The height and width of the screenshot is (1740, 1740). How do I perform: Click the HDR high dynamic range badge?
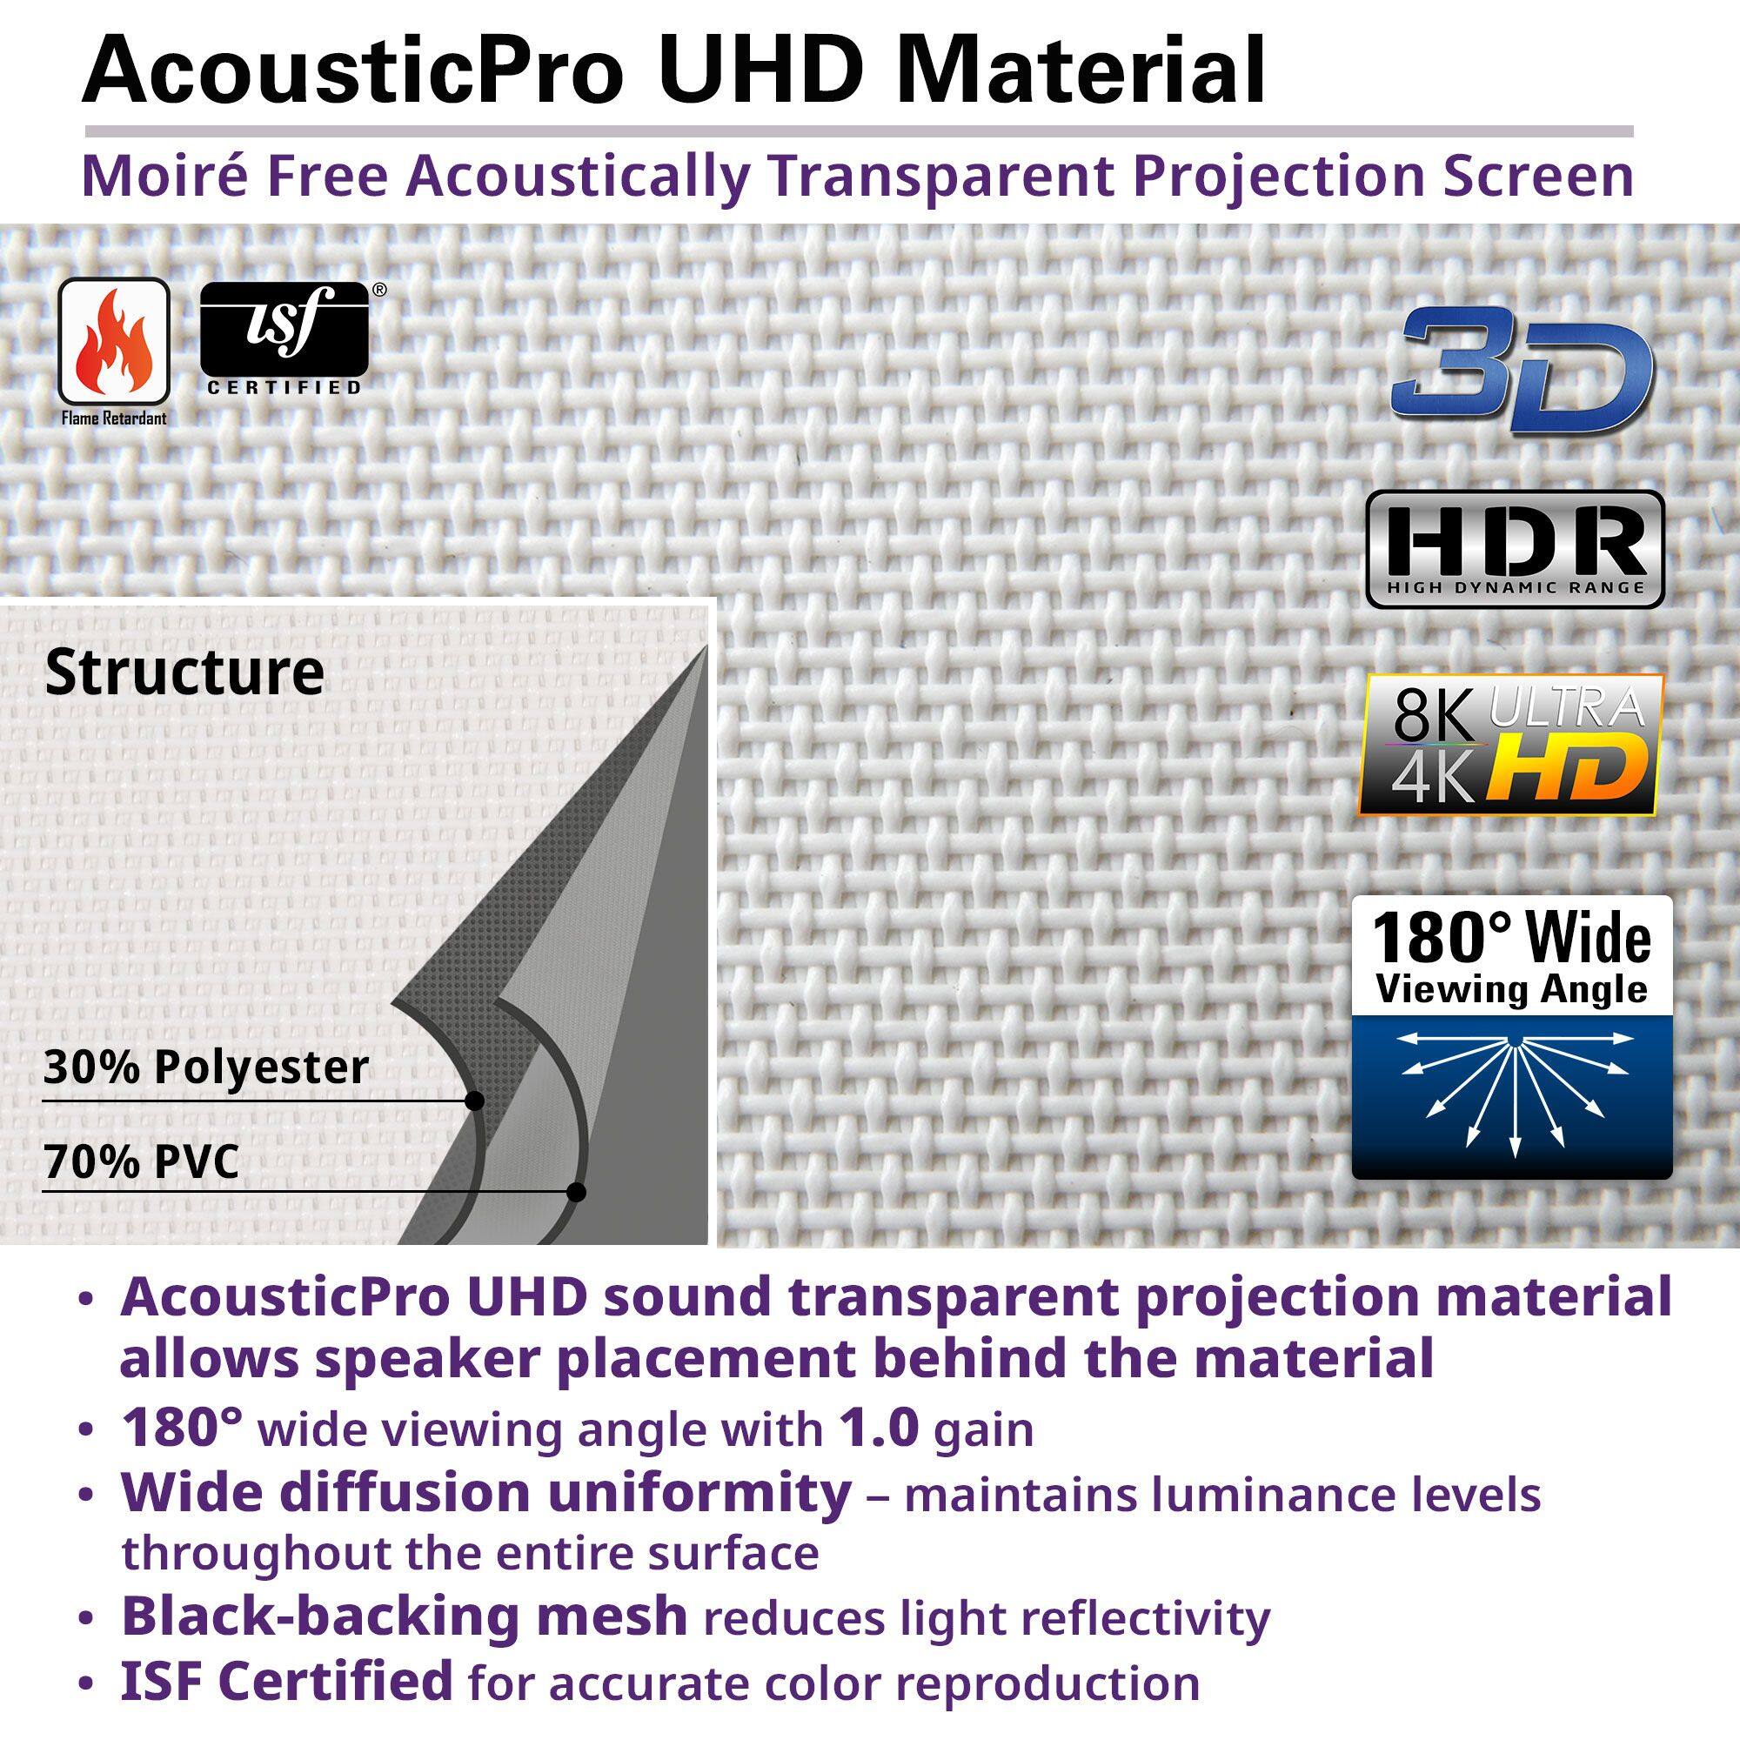tap(1514, 549)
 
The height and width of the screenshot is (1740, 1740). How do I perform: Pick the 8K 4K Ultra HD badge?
tap(1510, 745)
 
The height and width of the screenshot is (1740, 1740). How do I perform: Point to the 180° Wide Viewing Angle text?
tap(1511, 957)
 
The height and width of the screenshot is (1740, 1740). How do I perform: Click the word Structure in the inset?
tap(184, 673)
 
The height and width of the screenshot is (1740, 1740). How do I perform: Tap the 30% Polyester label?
tap(206, 1067)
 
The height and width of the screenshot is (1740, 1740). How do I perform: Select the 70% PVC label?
tap(142, 1161)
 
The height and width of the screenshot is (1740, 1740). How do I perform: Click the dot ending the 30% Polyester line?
tap(476, 1101)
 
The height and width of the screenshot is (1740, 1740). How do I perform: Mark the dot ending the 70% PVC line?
tap(578, 1193)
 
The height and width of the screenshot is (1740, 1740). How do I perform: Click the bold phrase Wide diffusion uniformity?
tap(485, 1492)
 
